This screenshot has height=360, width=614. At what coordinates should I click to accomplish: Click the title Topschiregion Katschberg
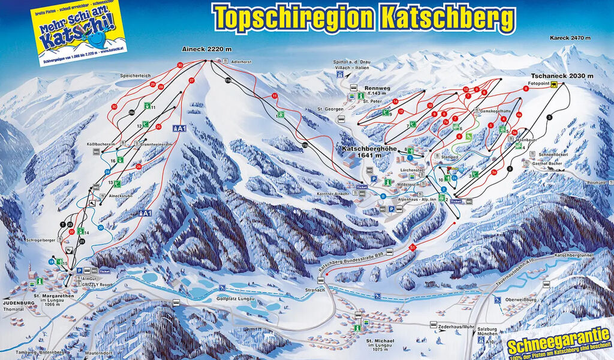(364, 17)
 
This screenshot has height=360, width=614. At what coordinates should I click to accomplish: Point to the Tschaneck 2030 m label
(556, 76)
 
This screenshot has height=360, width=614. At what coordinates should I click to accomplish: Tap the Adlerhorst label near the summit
(241, 61)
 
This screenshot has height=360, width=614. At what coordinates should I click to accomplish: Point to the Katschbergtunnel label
(577, 256)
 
